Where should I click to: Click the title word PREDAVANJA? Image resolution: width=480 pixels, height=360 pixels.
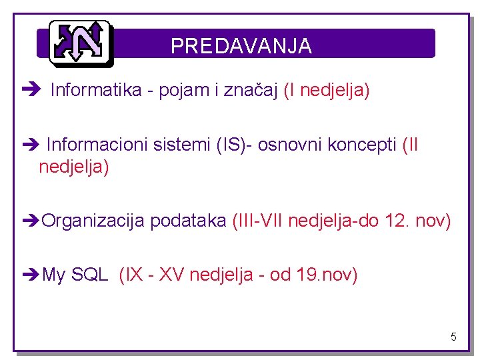tap(241, 45)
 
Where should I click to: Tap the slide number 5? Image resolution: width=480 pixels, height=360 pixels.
tap(453, 337)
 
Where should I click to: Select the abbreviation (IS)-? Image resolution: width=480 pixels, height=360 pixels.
tap(234, 145)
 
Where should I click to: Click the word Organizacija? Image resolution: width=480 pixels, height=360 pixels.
tap(93, 221)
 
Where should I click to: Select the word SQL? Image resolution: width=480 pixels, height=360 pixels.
tap(89, 275)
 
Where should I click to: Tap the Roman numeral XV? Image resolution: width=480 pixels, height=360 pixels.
tap(172, 275)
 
